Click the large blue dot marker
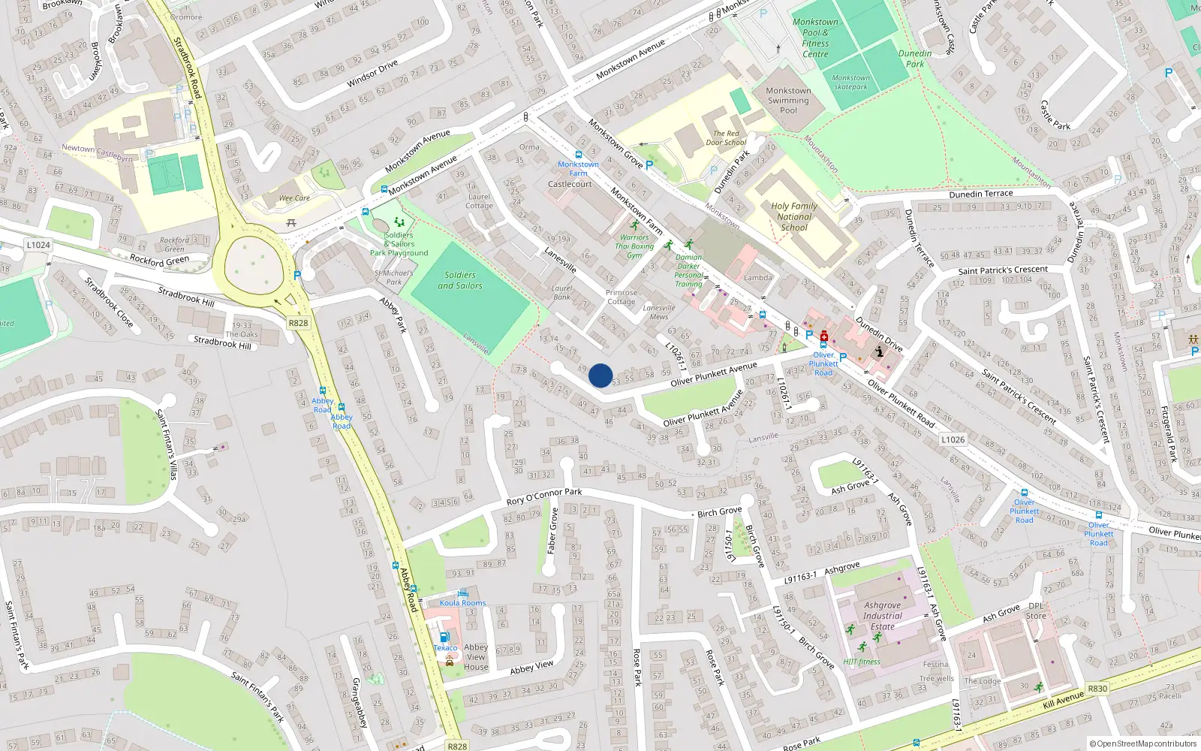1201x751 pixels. pyautogui.click(x=600, y=375)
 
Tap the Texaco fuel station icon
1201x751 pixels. pyautogui.click(x=444, y=637)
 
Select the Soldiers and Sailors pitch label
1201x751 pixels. pyautogui.click(x=460, y=280)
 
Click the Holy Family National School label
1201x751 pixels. pyautogui.click(x=794, y=216)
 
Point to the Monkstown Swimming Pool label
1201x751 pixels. pyautogui.click(x=788, y=100)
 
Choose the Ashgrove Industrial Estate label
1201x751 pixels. pyautogui.click(x=882, y=615)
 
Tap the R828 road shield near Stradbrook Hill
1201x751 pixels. pyautogui.click(x=298, y=323)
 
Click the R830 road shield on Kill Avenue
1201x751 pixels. pyautogui.click(x=1097, y=688)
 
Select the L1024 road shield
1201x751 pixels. pyautogui.click(x=38, y=245)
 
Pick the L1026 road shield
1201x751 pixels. pyautogui.click(x=953, y=439)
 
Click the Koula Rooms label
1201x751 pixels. pyautogui.click(x=462, y=602)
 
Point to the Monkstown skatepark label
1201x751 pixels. pyautogui.click(x=850, y=82)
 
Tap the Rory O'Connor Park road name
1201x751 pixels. pyautogui.click(x=544, y=496)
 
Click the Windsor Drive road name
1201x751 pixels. pyautogui.click(x=372, y=74)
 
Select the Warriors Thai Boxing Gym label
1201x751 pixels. pyautogui.click(x=634, y=246)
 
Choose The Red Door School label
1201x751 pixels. pyautogui.click(x=726, y=138)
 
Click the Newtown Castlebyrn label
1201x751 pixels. pyautogui.click(x=97, y=152)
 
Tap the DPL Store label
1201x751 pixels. pyautogui.click(x=1036, y=611)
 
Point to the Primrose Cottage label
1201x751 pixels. pyautogui.click(x=621, y=297)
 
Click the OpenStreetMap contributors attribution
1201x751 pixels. pyautogui.click(x=1142, y=743)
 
